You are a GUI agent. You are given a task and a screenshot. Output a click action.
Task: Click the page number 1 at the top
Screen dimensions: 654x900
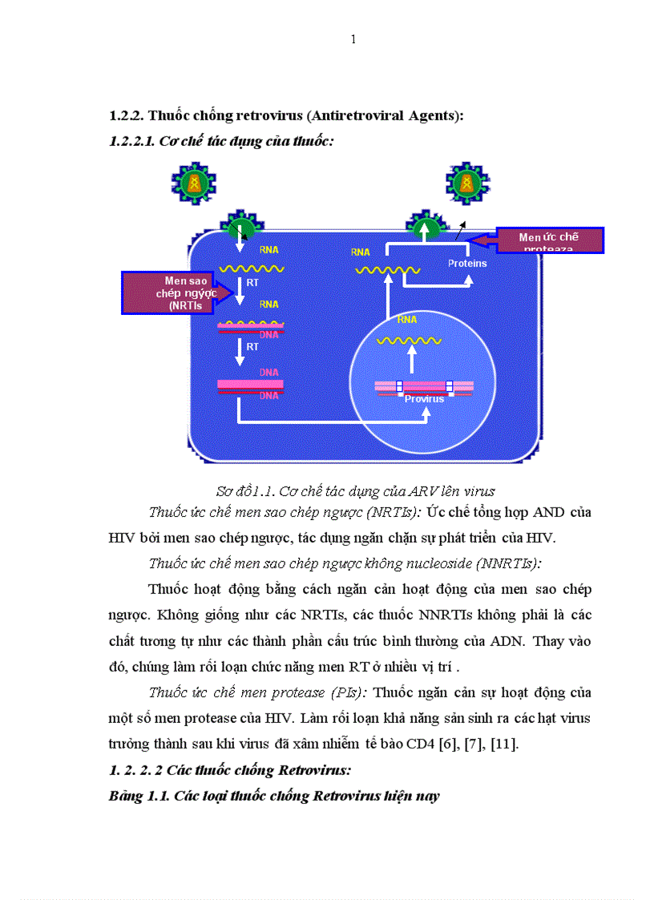click(353, 40)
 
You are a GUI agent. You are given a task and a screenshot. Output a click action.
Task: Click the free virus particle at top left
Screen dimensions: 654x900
click(192, 184)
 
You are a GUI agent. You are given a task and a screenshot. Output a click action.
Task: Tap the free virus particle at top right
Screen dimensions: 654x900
click(462, 184)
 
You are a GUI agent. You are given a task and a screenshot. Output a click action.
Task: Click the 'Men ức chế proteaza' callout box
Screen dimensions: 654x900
click(550, 240)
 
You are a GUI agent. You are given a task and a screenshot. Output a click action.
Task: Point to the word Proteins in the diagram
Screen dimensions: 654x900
click(467, 263)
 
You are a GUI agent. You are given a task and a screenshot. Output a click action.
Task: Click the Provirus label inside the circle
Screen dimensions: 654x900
click(424, 398)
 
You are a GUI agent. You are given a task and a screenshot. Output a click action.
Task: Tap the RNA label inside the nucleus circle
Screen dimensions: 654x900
click(407, 319)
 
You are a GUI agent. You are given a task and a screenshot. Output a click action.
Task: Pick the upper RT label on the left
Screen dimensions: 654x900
click(253, 282)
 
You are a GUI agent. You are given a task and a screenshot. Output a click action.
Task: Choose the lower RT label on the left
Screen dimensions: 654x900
click(253, 346)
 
